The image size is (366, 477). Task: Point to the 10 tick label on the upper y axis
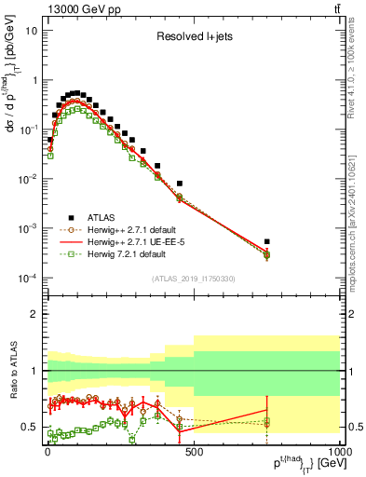click(31, 30)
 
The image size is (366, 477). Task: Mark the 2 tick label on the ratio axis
click(35, 314)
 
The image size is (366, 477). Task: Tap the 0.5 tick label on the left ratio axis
click(31, 428)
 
